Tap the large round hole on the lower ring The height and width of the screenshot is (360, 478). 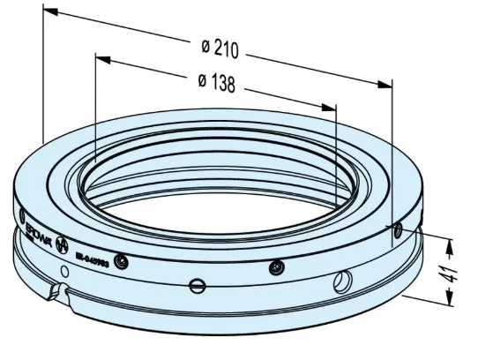click(x=342, y=281)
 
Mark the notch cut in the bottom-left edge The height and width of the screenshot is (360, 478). click(x=60, y=291)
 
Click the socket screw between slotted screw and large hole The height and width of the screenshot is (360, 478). click(x=278, y=267)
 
